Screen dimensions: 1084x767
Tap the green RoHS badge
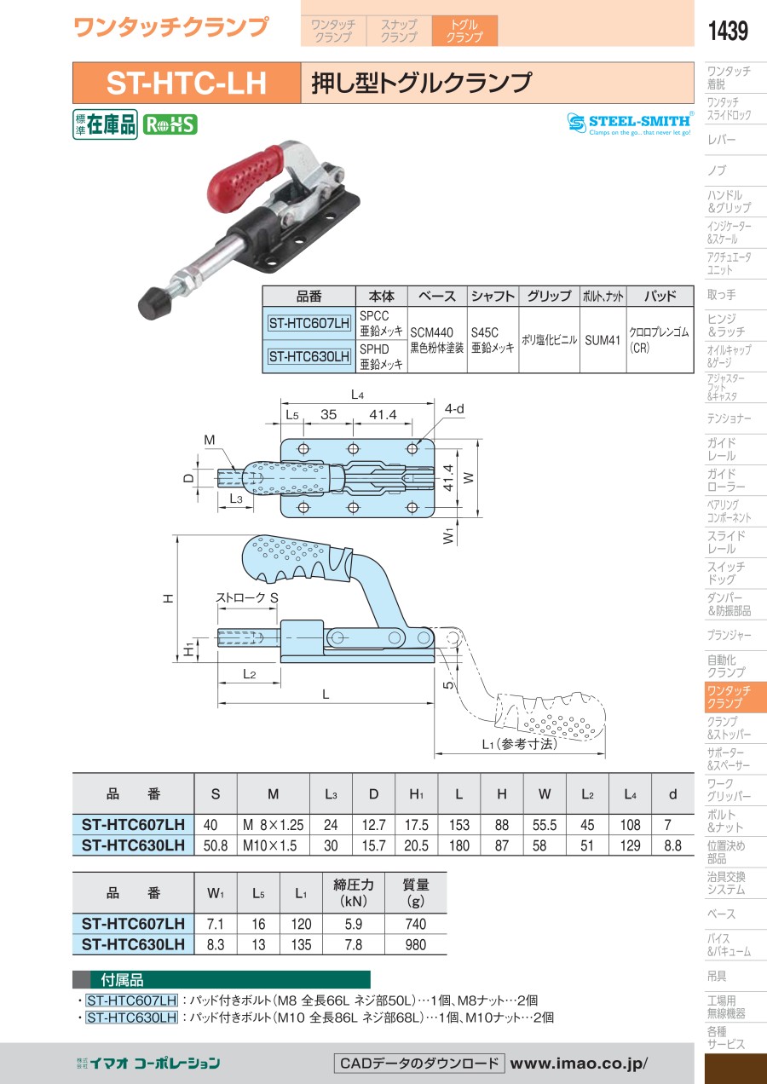pos(170,124)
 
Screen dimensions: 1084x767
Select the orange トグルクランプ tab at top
pos(464,31)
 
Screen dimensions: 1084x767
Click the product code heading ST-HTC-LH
pos(186,83)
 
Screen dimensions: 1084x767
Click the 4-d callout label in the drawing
pos(454,409)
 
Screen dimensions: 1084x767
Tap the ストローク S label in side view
pos(247,598)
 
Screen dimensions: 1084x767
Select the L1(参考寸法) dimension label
pos(519,743)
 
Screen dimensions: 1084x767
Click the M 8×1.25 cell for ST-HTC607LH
pos(273,825)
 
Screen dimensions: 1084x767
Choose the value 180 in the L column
pos(458,845)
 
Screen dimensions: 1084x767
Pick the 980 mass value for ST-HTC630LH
pos(415,944)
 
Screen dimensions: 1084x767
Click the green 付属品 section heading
pos(222,980)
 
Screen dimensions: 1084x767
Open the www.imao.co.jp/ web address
pos(580,1063)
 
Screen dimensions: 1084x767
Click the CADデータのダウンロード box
pos(418,1063)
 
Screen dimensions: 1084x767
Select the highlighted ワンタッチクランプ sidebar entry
pos(728,697)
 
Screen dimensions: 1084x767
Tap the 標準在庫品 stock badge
pos(105,124)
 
